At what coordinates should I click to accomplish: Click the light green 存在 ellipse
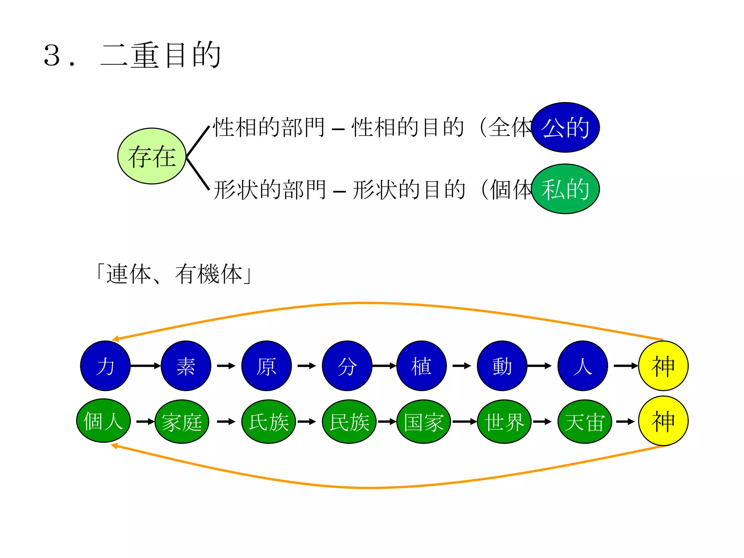click(152, 156)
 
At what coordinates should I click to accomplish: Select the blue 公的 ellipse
click(565, 128)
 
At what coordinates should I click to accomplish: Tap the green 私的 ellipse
click(565, 189)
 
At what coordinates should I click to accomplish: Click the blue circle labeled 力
click(105, 366)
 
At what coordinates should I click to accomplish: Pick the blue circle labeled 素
click(186, 366)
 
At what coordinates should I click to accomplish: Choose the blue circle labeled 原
click(266, 366)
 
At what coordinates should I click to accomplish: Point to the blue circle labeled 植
click(421, 366)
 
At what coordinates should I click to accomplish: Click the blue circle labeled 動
click(502, 366)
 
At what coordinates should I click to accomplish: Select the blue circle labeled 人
click(583, 366)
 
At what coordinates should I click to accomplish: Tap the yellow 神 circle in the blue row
click(663, 366)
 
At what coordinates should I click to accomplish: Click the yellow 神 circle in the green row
click(663, 421)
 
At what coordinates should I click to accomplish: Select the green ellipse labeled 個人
click(104, 421)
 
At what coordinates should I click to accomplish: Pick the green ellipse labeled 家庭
click(182, 422)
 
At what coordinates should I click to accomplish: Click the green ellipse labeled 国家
click(424, 422)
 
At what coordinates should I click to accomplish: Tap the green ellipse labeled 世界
click(504, 422)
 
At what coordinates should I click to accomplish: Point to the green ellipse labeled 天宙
click(585, 422)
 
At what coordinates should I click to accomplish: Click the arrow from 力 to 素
click(145, 366)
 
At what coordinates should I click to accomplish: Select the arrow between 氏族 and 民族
click(307, 422)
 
